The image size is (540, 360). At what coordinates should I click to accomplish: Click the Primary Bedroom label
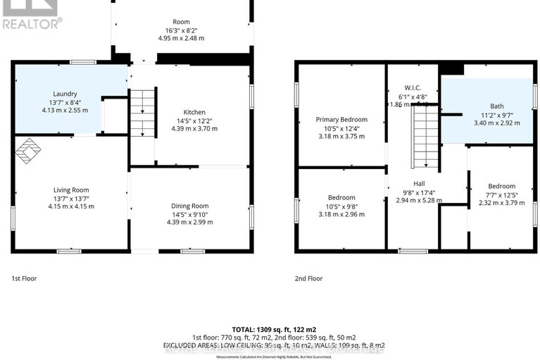point(341,120)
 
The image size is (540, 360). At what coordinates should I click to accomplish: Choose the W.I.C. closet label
point(413,87)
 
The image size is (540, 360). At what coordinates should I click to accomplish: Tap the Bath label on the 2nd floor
point(487,106)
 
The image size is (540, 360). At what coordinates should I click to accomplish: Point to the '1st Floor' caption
point(24,278)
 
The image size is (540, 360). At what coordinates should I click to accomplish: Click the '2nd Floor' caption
point(308,278)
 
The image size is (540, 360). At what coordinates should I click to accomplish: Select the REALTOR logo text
point(32,23)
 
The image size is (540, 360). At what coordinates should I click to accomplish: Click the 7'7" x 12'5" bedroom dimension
point(501,195)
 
